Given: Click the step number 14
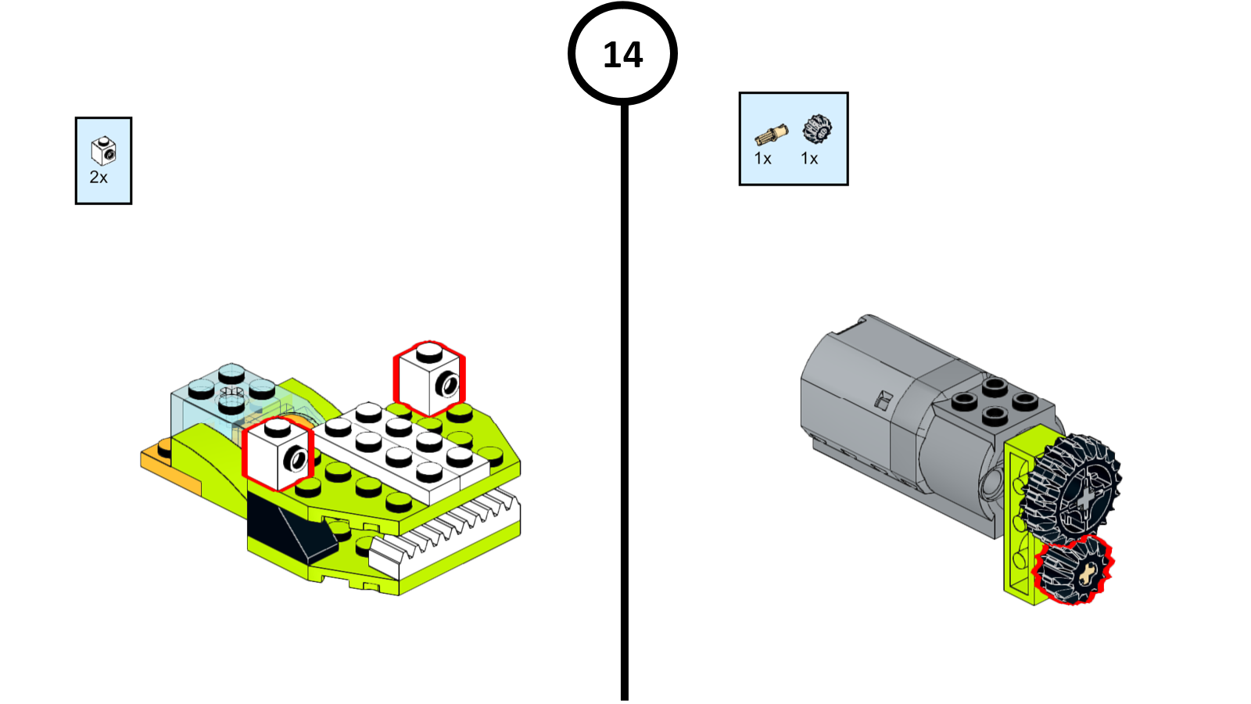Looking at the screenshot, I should [622, 55].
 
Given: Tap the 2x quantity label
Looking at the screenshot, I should [99, 178].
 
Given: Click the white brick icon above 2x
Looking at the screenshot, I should [103, 150].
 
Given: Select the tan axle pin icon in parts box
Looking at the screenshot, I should [771, 135].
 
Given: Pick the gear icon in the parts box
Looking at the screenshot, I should [817, 129].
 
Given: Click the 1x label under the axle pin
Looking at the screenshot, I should [763, 159].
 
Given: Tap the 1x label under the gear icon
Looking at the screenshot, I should [809, 159].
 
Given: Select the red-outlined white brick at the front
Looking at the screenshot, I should [278, 454].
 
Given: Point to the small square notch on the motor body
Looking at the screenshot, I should [882, 400].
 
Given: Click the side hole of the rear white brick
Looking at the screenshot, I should [450, 384].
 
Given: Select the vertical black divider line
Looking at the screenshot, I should [624, 391].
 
